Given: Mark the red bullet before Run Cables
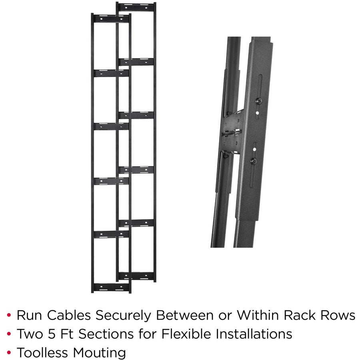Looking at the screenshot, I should [x=9, y=316].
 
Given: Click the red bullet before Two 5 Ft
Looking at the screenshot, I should [x=9, y=334].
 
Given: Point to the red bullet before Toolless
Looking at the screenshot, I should [x=9, y=353].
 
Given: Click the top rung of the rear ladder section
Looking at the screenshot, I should [x=136, y=7].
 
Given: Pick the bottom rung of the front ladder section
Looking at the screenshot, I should [x=111, y=287].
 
